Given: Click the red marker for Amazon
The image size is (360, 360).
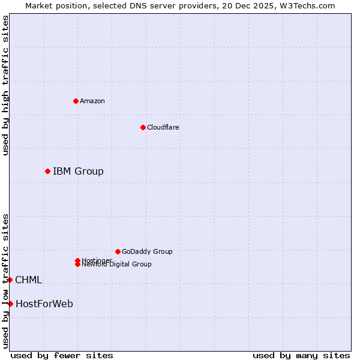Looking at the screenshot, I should (76, 101).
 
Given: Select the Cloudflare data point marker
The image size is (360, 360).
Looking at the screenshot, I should (143, 127).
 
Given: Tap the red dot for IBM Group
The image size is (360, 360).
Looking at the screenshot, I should (47, 172).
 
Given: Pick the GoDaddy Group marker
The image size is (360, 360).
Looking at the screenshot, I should (118, 251).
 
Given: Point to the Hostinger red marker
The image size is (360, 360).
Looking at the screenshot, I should (77, 260).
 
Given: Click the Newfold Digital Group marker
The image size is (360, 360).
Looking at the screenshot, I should (77, 264).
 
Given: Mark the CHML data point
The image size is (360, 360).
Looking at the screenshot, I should (10, 280).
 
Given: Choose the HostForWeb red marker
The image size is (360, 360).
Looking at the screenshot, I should (10, 304).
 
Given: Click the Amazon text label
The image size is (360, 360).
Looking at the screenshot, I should (92, 101).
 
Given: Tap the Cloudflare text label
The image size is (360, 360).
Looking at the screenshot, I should (163, 127).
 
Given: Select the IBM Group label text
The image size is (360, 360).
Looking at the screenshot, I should (78, 172).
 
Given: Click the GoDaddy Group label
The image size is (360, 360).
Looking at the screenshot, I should (147, 251).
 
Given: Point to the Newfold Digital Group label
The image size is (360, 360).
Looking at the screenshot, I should (117, 265).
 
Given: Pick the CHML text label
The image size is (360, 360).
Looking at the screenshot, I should (28, 280).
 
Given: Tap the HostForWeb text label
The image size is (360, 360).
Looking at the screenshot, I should (44, 304).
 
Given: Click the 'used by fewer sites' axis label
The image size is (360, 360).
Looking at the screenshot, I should (62, 355).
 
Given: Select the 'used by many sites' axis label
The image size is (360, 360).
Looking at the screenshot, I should (301, 355).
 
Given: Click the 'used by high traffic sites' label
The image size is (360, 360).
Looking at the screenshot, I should (5, 85).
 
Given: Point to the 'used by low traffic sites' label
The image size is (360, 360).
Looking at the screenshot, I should (5, 281).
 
